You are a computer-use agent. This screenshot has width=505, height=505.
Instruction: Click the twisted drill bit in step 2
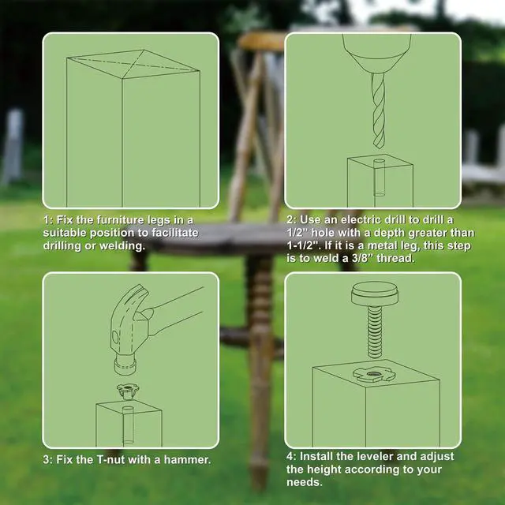pos(378,110)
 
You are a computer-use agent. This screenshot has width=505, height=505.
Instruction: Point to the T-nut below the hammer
pos(128,391)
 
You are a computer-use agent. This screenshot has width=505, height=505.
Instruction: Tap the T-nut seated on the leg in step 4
pos(373,376)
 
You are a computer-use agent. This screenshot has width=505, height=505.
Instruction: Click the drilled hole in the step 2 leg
pos(379,178)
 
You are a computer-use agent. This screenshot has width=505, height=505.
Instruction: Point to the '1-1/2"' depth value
pos(303,245)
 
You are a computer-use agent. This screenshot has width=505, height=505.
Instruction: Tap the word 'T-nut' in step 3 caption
pos(110,459)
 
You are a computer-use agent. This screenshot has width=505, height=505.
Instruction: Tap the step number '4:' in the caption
pos(291,456)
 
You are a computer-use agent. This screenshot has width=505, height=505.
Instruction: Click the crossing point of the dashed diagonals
pos(133,63)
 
